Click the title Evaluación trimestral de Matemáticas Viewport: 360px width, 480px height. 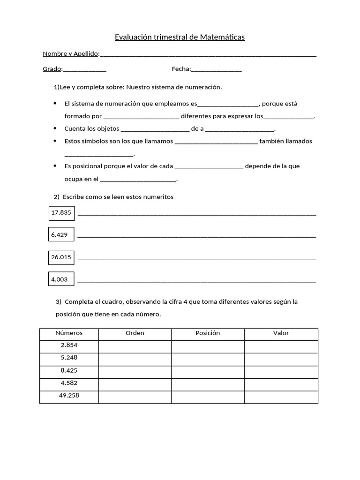click(180, 37)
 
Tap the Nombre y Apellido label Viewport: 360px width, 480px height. click(70, 54)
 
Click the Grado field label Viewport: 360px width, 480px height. click(52, 69)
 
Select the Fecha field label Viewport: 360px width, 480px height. click(181, 69)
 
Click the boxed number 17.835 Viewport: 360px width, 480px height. click(61, 213)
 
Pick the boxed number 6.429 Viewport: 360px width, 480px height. click(60, 235)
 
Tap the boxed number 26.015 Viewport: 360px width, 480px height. click(61, 257)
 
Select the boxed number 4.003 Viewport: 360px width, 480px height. click(60, 279)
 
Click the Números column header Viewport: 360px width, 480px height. click(69, 333)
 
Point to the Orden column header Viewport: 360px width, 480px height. click(135, 333)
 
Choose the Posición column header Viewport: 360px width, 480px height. click(208, 333)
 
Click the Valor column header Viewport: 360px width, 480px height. click(281, 333)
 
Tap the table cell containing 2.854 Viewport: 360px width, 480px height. click(69, 345)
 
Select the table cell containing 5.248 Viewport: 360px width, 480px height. click(69, 358)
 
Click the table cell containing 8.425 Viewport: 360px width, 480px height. click(69, 370)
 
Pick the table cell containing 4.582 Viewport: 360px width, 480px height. click(69, 383)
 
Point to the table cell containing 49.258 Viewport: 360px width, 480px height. click(69, 396)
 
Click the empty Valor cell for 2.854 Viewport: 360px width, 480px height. click(281, 346)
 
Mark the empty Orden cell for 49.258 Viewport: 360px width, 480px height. click(135, 397)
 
